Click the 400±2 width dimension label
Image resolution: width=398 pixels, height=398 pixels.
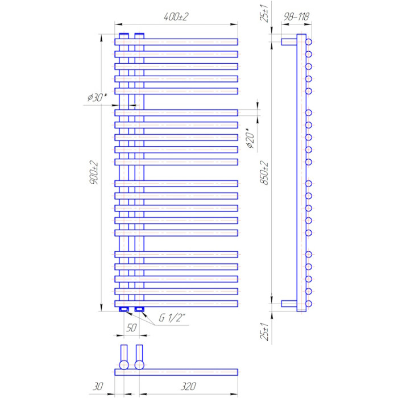coord(176,16)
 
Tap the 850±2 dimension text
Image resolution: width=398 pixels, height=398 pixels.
coord(264,173)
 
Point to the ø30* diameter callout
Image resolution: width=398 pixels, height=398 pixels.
coord(97,97)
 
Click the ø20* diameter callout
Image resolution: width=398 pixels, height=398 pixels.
coord(250,138)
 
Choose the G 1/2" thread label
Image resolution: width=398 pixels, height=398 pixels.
coord(172,317)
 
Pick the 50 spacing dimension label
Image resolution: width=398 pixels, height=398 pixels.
coord(131,327)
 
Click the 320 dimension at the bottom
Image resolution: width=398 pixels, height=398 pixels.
coord(188,386)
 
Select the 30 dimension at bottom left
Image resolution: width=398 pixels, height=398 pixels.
coord(97,386)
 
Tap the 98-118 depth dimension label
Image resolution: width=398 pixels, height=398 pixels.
coord(296,16)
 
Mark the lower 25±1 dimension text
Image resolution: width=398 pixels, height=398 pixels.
coord(264,331)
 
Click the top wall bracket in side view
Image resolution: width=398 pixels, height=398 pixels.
coord(289,42)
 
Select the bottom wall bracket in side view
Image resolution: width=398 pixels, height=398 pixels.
coord(289,304)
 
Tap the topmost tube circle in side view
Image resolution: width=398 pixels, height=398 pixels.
coord(308,42)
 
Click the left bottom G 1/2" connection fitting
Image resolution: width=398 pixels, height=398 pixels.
coord(124,309)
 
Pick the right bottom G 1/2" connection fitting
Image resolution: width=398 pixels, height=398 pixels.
coord(139,309)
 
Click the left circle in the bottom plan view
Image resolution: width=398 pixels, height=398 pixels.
coord(124,365)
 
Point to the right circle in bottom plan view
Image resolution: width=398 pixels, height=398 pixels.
coord(139,365)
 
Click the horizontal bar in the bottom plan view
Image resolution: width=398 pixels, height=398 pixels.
coord(176,372)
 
